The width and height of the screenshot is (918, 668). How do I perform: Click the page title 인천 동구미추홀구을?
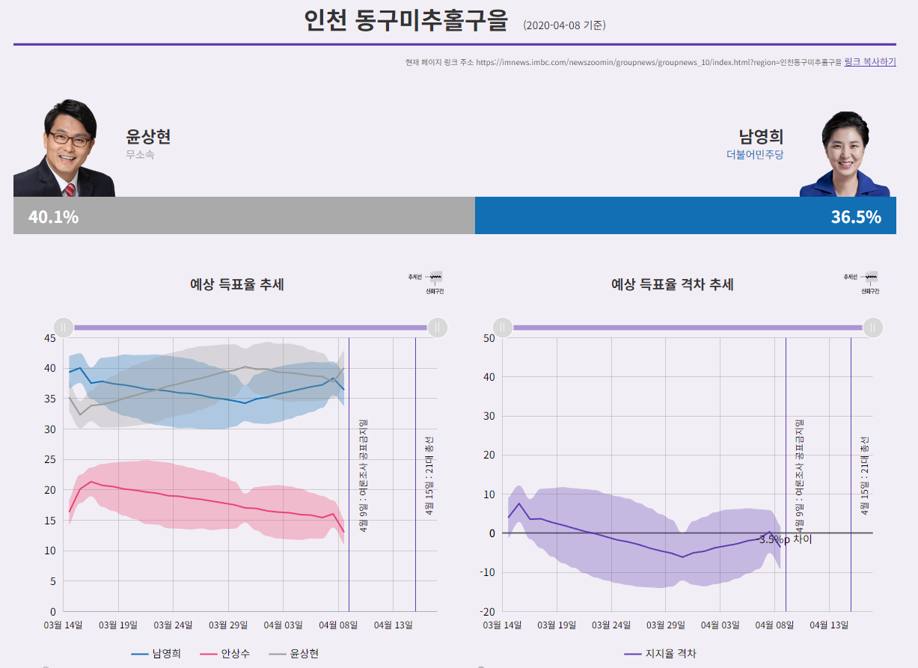pyautogui.click(x=406, y=21)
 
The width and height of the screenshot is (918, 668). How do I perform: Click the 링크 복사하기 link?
pyautogui.click(x=869, y=62)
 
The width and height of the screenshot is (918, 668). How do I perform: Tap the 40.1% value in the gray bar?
pyautogui.click(x=53, y=217)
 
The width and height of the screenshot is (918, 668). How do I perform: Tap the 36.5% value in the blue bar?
pyautogui.click(x=855, y=217)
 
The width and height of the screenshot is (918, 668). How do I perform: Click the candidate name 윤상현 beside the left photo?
pyautogui.click(x=148, y=137)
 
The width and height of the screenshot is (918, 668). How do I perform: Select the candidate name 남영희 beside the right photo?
pyautogui.click(x=761, y=137)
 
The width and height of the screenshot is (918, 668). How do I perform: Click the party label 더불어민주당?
pyautogui.click(x=755, y=155)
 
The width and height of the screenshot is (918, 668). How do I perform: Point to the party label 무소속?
pyautogui.click(x=140, y=155)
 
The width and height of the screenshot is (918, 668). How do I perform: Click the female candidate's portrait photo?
pyautogui.click(x=845, y=156)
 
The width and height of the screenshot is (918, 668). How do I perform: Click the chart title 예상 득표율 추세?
pyautogui.click(x=236, y=284)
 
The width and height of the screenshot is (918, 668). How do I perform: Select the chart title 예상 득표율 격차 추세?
pyautogui.click(x=672, y=284)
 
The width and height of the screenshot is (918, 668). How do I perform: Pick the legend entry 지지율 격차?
pyautogui.click(x=670, y=654)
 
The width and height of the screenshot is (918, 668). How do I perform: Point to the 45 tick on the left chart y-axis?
pyautogui.click(x=49, y=338)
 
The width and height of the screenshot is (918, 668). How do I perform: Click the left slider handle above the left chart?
pyautogui.click(x=64, y=328)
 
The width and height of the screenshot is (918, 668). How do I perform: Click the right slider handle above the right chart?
pyautogui.click(x=872, y=328)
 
